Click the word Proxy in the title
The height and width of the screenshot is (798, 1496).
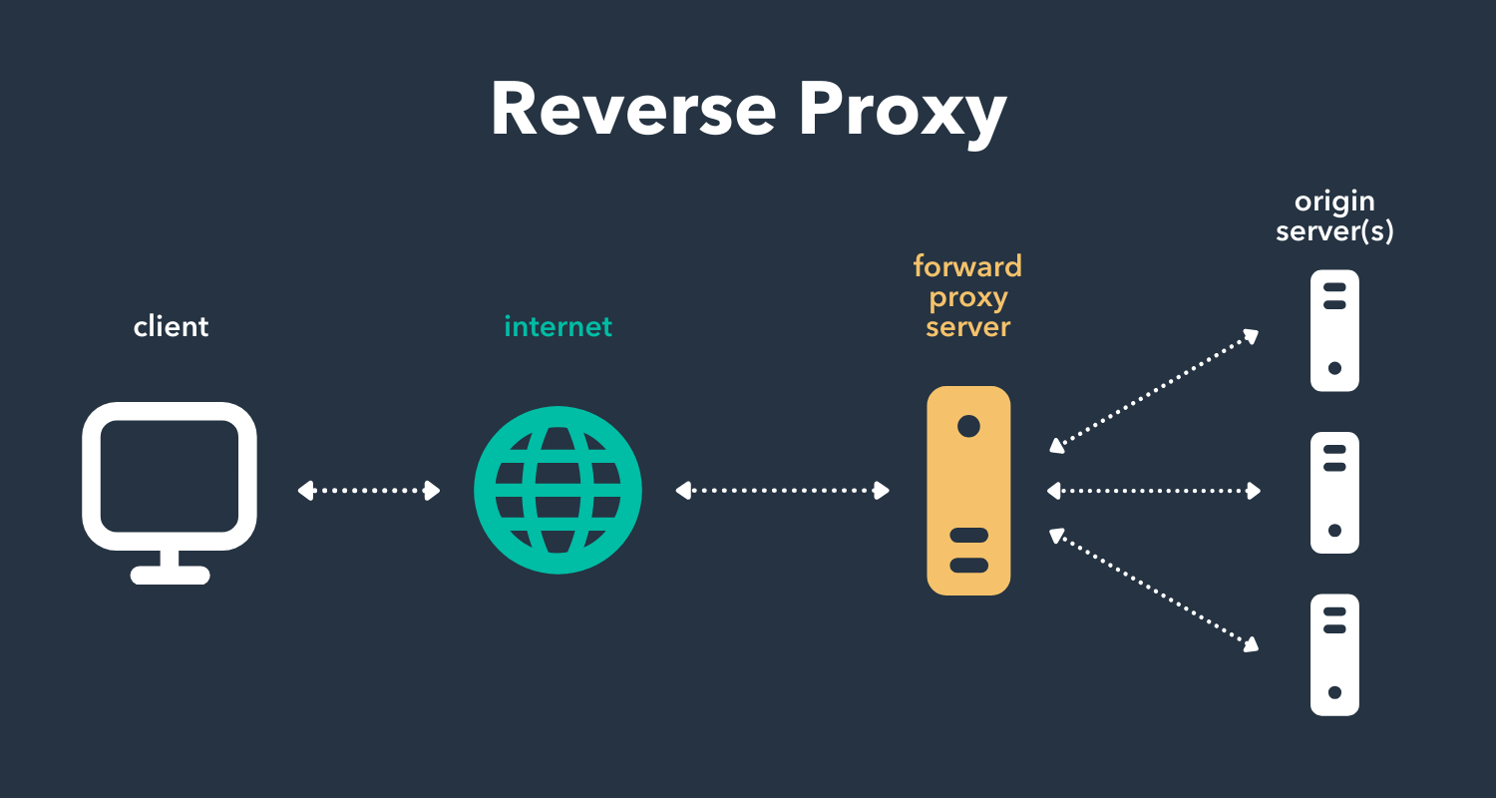[x=902, y=112]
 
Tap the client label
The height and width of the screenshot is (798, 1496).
[x=171, y=326]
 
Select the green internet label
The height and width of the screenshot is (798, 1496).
[x=558, y=326]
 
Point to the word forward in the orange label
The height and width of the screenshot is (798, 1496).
[x=967, y=266]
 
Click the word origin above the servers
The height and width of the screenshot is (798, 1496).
[x=1334, y=202]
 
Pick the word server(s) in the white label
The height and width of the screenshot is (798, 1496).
[x=1334, y=232]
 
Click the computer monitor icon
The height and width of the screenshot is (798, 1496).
[x=170, y=477]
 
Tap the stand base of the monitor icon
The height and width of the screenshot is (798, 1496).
[x=171, y=575]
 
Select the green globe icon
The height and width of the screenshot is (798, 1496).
[x=558, y=490]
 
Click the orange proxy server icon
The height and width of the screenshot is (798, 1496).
[x=967, y=490]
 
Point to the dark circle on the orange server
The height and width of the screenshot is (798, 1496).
[x=967, y=426]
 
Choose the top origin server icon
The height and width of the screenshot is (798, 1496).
[x=1334, y=330]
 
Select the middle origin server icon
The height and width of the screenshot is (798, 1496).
[x=1334, y=492]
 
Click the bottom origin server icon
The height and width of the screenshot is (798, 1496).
[x=1334, y=654]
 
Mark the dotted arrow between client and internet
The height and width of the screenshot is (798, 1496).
[x=369, y=490]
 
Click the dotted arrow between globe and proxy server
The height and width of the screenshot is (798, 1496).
[x=782, y=490]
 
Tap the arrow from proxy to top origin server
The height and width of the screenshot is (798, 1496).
[x=1154, y=391]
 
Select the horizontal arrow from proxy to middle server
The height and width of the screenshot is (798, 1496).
[x=1154, y=490]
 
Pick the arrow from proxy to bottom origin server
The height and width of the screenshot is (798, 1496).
[x=1154, y=592]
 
